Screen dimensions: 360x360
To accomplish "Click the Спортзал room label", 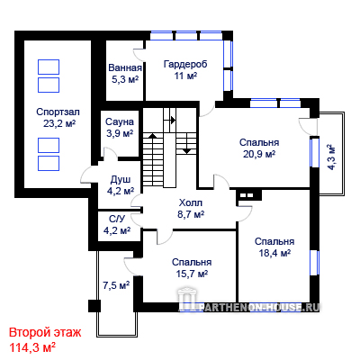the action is tap(58, 112).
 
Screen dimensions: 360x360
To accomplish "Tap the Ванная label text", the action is tap(125, 67).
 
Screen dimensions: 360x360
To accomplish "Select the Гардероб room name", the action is tap(185, 64).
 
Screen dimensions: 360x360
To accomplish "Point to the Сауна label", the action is tap(120, 121).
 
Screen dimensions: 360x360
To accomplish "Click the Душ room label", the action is tap(121, 180).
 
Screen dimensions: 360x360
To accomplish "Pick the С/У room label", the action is tap(117, 219).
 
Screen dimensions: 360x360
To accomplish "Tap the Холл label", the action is tap(191, 202).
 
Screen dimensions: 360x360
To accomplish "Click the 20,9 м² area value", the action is tap(259, 154).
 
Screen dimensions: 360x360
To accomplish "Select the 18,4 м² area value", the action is tap(274, 253).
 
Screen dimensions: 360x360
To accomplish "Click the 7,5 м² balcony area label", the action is tap(116, 285).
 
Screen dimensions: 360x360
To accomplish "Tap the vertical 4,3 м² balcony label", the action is tap(331, 157).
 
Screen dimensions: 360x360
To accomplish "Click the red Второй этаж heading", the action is tap(45, 333).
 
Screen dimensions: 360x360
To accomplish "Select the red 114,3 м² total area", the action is tap(32, 347).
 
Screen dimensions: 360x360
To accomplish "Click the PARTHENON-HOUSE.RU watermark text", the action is tap(260, 307).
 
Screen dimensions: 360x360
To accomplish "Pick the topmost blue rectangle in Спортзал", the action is tap(49, 67).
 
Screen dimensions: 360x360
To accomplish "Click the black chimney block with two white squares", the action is tap(248, 195).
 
